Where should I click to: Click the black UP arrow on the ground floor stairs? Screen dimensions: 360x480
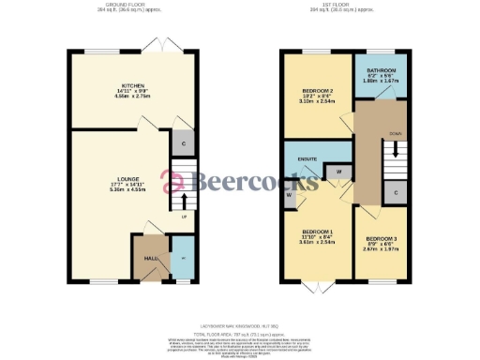(x=184, y=199)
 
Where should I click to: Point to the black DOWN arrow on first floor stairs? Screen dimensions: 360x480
(x=396, y=149)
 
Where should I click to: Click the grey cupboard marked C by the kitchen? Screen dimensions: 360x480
(x=182, y=143)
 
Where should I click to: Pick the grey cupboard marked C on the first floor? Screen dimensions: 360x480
(x=397, y=192)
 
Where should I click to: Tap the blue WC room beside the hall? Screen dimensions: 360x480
(x=182, y=259)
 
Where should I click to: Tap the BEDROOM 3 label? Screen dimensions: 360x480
(x=382, y=239)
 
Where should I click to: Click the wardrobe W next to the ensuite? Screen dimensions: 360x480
(x=336, y=172)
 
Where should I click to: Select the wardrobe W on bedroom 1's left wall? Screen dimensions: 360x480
(x=290, y=194)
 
